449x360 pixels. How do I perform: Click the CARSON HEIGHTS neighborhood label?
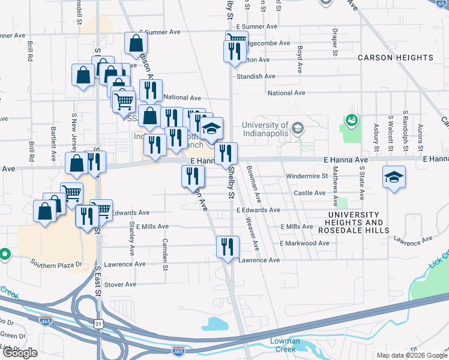click(x=395, y=58)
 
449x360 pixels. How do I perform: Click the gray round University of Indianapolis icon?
click(x=297, y=128)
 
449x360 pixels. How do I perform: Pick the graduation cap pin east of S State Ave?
click(x=394, y=177)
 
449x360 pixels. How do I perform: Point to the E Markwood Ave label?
click(x=304, y=243)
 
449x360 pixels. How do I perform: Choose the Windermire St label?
click(x=307, y=176)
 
